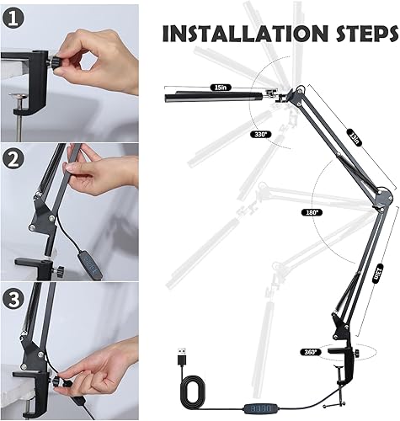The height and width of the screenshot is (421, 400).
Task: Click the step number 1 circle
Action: [x=13, y=18]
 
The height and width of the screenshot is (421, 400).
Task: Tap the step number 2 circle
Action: [x=14, y=157]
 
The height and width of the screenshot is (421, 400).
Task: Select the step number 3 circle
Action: [x=14, y=296]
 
